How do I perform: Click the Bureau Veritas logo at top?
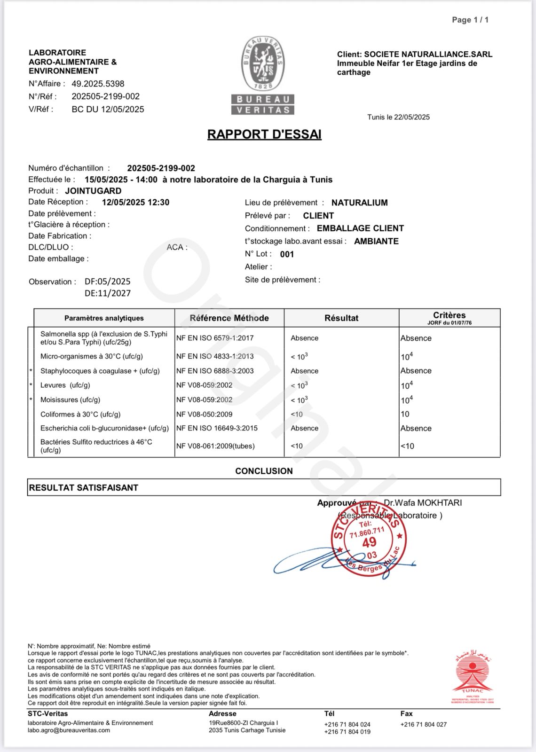263,75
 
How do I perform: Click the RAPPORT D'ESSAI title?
264,134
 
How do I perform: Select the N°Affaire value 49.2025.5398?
98,84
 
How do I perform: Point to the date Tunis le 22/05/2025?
398,117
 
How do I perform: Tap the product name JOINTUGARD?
93,191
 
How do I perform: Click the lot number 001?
287,254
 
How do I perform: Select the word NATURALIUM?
359,203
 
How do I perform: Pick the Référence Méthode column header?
229,318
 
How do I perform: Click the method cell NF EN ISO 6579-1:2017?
215,338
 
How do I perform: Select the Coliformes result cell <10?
297,415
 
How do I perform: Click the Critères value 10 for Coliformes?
405,415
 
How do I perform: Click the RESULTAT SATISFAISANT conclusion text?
84,488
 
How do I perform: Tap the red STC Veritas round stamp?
369,540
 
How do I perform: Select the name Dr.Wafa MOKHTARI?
423,503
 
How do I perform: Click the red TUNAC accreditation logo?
473,677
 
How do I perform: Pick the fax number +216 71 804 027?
424,725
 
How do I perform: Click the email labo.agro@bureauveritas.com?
69,730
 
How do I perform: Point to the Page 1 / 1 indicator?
470,20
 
